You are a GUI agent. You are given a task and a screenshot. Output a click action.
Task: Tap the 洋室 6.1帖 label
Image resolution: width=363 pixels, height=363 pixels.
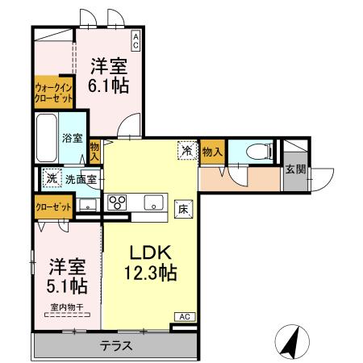[x=107, y=75]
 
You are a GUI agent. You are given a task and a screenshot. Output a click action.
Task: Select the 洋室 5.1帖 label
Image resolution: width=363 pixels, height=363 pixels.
[x=66, y=275]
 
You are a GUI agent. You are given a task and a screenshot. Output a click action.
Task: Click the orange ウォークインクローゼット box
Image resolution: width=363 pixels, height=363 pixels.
[x=53, y=92]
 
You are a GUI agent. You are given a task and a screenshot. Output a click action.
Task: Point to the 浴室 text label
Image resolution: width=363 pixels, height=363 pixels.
[x=72, y=138]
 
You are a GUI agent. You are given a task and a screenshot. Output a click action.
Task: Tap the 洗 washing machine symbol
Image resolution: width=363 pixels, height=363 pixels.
[x=51, y=177]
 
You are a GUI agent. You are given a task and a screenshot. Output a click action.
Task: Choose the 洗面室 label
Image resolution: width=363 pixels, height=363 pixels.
[x=81, y=178]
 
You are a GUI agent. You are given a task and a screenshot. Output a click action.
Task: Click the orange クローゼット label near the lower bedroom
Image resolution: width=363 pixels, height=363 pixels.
[x=52, y=207]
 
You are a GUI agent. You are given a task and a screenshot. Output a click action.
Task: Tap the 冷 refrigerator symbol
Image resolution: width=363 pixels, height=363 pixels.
[x=186, y=150]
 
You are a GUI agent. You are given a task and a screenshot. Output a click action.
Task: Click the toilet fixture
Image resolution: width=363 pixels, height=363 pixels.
[x=254, y=150]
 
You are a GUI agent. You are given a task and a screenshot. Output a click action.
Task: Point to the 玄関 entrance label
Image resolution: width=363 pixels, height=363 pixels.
[x=294, y=169]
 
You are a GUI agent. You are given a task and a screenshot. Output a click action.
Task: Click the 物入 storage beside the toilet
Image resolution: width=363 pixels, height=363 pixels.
[x=213, y=151]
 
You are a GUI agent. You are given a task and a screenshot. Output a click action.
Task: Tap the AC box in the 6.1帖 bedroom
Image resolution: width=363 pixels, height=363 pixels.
[x=136, y=41]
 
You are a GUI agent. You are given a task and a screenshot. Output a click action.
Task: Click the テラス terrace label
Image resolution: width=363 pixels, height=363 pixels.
[x=115, y=346]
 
